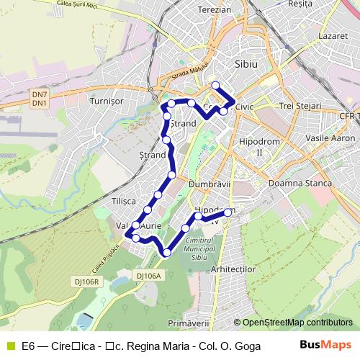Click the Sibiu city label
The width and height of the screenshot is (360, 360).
click(246, 64)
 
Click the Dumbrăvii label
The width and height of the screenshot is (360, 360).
click(208, 184)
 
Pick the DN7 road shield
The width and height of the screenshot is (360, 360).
click(40, 94)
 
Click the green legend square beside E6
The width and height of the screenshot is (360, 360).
click(9, 345)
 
